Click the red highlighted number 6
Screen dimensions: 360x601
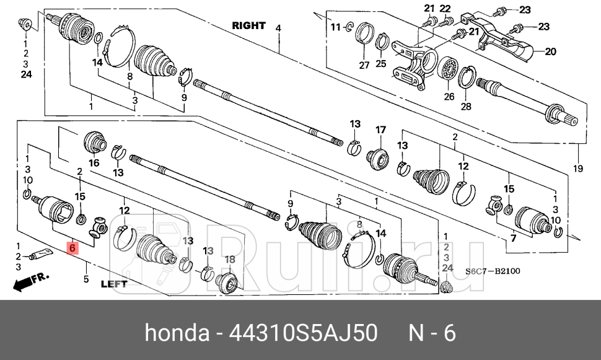click(x=72, y=248)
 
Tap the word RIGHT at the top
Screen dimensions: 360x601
click(x=248, y=26)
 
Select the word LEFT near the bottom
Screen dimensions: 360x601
click(x=113, y=284)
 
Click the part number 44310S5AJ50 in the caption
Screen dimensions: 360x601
click(x=304, y=333)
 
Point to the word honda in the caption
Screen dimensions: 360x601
click(x=177, y=333)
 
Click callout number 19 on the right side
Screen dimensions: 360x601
click(x=579, y=169)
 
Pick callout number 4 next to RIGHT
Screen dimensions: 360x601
click(x=278, y=28)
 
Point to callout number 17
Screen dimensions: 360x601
click(x=380, y=130)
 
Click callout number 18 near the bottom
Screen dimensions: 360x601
click(x=229, y=259)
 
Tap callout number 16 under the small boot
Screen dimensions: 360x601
click(x=94, y=163)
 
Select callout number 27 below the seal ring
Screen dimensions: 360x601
click(x=364, y=65)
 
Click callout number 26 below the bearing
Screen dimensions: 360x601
click(x=449, y=97)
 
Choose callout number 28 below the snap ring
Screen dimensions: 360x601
click(x=466, y=106)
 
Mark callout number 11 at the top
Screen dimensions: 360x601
click(x=335, y=27)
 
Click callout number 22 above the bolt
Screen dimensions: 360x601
click(x=445, y=8)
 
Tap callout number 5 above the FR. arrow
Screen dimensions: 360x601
click(x=86, y=279)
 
